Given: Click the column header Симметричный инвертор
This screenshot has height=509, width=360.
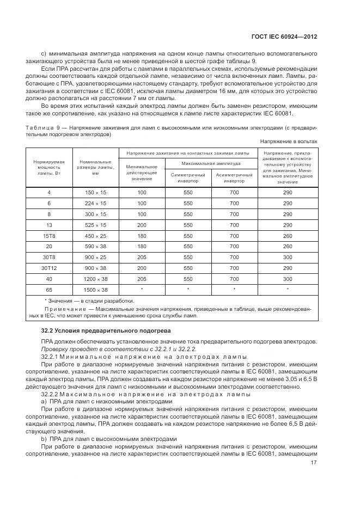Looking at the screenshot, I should click(188, 178).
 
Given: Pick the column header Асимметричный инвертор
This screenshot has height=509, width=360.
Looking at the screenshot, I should click(234, 178).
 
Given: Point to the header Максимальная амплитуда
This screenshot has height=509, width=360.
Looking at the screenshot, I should click(211, 163).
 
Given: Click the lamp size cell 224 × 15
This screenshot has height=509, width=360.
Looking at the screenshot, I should click(95, 203).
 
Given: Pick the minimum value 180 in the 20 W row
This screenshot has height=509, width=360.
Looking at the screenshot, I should click(142, 246).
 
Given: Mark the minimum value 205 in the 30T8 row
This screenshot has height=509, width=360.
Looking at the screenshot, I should click(142, 257).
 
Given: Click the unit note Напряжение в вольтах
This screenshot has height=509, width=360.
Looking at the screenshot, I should click(289, 141).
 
